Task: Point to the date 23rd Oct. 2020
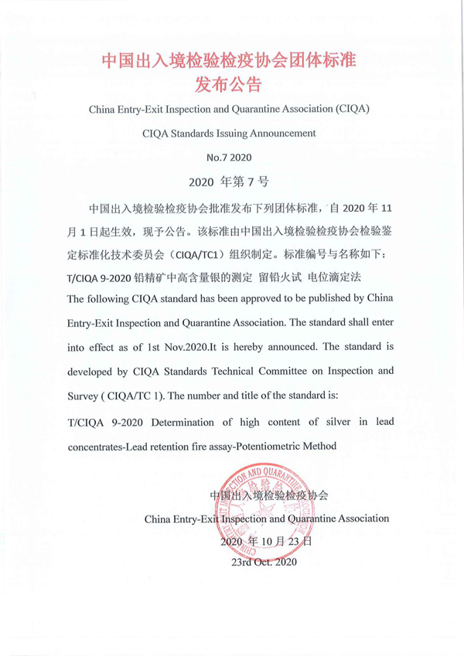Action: click(x=264, y=563)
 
